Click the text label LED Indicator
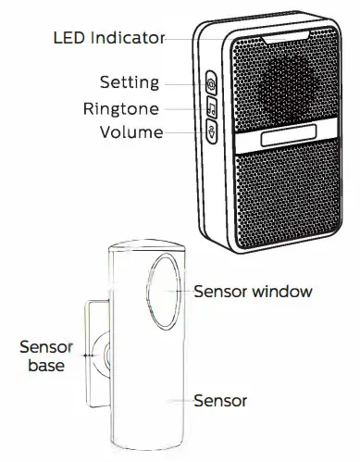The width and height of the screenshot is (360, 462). pyautogui.click(x=108, y=39)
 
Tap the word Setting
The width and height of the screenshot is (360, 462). pyautogui.click(x=129, y=82)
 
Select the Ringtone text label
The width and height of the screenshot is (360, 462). pyautogui.click(x=120, y=107)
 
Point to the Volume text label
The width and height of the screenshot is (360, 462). pyautogui.click(x=131, y=131)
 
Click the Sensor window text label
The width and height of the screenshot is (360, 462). pyautogui.click(x=253, y=291)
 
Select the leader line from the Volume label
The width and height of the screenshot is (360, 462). pyautogui.click(x=185, y=131)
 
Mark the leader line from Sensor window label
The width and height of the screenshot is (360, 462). pyautogui.click(x=181, y=291)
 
